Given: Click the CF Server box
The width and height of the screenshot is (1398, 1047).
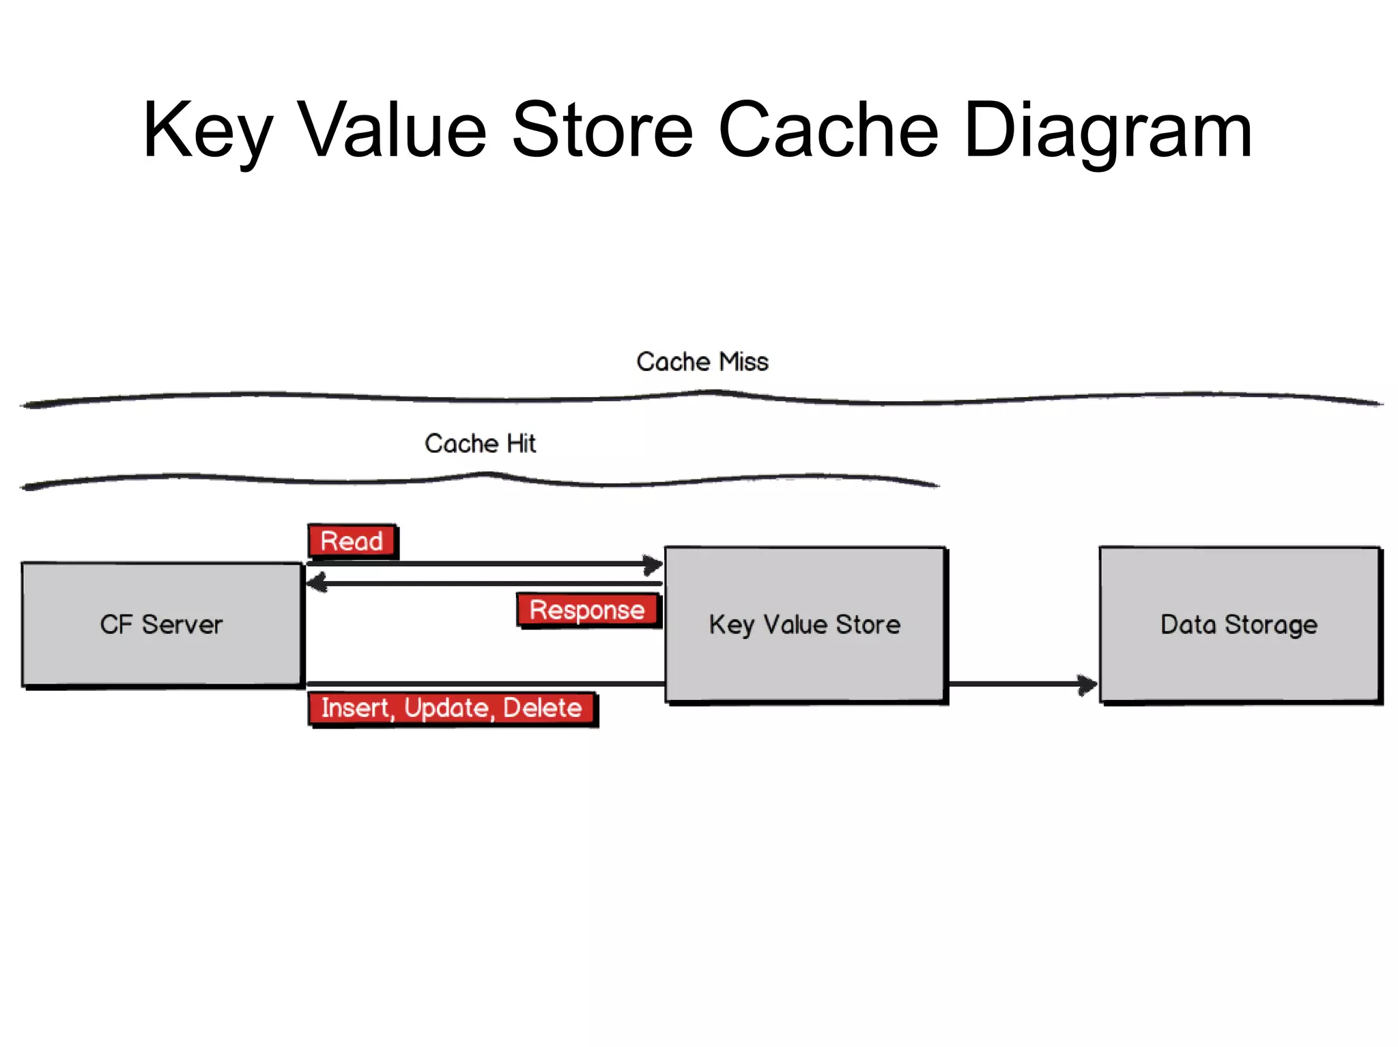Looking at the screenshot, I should click(x=161, y=624).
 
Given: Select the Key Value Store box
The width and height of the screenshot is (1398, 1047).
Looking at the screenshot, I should click(x=805, y=624).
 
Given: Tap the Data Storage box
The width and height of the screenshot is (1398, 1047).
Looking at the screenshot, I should click(x=1239, y=624).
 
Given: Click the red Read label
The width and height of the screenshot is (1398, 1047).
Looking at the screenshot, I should click(x=352, y=542).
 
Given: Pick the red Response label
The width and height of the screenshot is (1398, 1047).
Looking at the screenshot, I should click(x=587, y=610).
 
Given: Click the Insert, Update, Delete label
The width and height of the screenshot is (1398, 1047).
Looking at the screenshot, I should click(x=452, y=709).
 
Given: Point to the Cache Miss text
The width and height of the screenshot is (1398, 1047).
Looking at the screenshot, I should click(x=702, y=362).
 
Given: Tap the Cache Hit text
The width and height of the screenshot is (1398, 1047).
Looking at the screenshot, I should click(x=480, y=444).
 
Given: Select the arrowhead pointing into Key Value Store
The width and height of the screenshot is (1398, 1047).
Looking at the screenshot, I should click(x=654, y=564).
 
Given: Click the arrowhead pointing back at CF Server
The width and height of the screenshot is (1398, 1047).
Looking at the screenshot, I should click(x=315, y=583).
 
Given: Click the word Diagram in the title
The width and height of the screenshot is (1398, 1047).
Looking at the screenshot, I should click(x=1109, y=130).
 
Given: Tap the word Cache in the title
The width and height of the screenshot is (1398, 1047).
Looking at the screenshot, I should click(x=828, y=130).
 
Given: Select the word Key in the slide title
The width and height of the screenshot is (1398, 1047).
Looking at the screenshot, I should click(x=208, y=130).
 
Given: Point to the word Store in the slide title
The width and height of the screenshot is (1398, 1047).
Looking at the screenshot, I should click(x=602, y=130).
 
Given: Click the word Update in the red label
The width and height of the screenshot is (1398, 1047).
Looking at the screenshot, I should click(x=447, y=709).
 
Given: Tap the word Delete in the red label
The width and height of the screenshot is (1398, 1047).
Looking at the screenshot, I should click(x=542, y=709).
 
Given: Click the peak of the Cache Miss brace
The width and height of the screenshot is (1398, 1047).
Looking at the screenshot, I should click(x=713, y=392).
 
